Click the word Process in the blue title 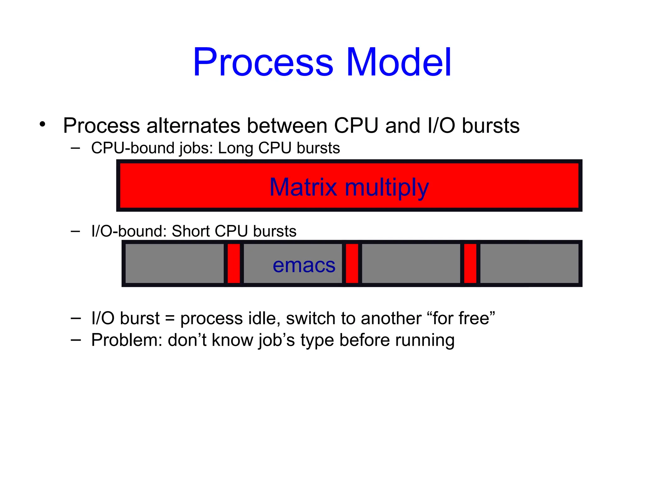click(263, 62)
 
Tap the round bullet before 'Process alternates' click(43, 124)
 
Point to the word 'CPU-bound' click(131, 148)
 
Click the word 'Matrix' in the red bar click(303, 187)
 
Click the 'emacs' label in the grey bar click(304, 265)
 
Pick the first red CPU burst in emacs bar click(234, 263)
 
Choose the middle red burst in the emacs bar click(352, 263)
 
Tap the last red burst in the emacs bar click(470, 263)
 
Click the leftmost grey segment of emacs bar click(174, 263)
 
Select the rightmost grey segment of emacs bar click(529, 263)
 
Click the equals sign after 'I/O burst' click(170, 318)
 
